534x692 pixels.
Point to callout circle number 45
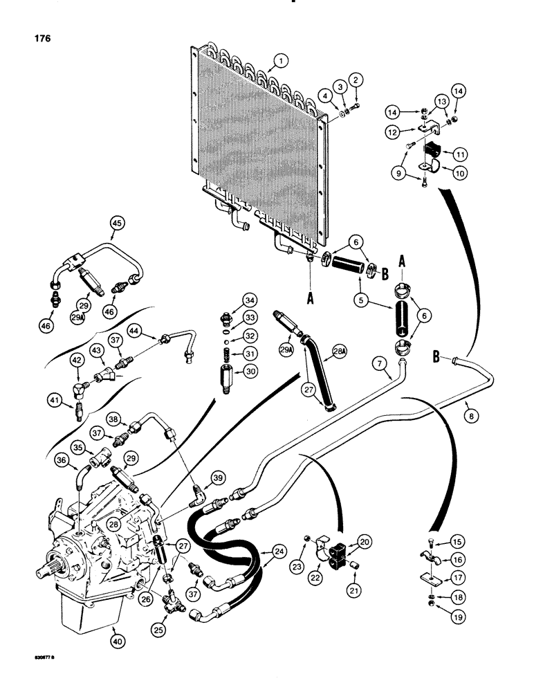(117, 223)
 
